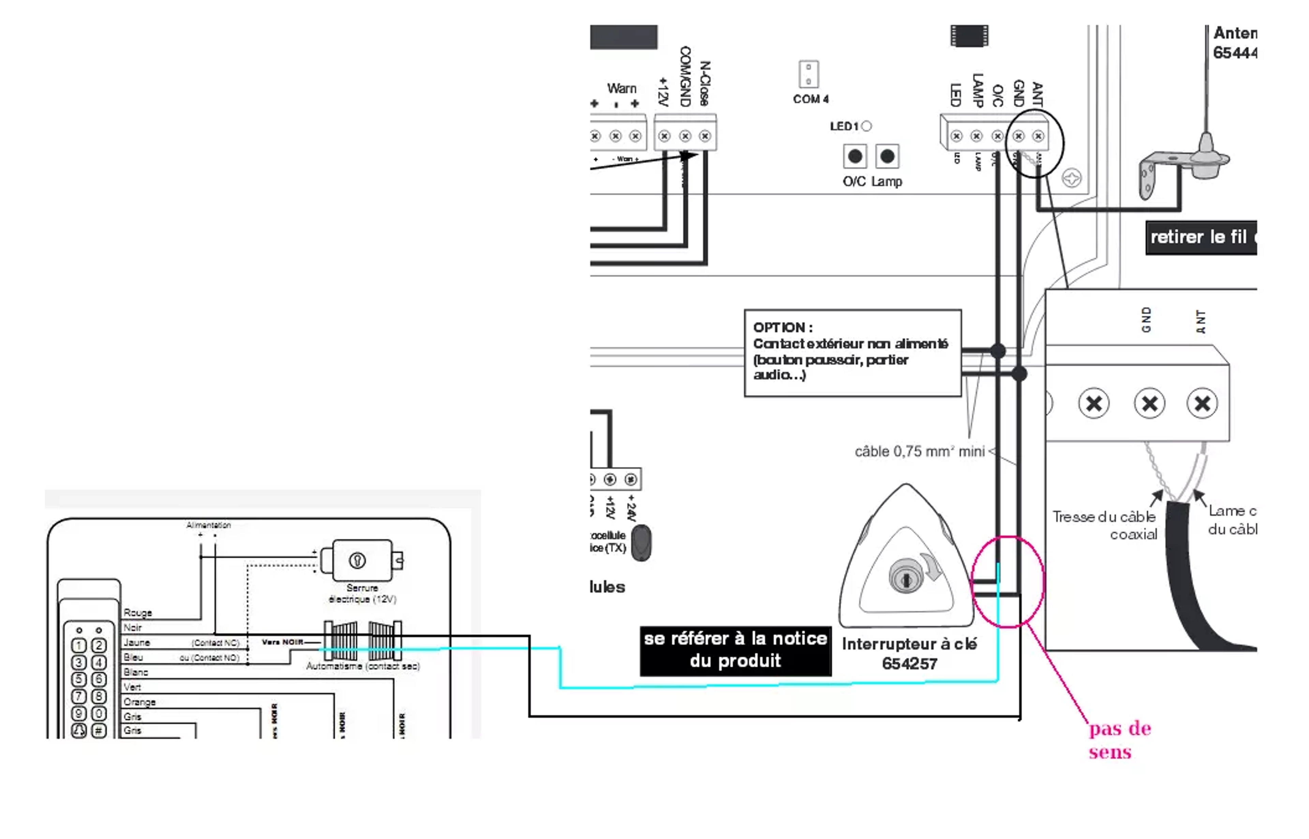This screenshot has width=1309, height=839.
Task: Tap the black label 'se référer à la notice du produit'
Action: pyautogui.click(x=735, y=650)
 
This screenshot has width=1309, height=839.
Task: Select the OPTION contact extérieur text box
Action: pyautogui.click(x=852, y=352)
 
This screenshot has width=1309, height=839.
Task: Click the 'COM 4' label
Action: pyautogui.click(x=810, y=99)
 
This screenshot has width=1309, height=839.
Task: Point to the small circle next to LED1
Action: pyautogui.click(x=867, y=126)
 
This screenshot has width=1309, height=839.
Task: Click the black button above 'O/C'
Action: pyautogui.click(x=855, y=157)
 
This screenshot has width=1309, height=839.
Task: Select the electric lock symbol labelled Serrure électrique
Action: pyautogui.click(x=362, y=560)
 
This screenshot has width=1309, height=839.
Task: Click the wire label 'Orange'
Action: pyautogui.click(x=139, y=702)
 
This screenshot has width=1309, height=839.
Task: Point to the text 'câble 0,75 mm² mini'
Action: pyautogui.click(x=919, y=451)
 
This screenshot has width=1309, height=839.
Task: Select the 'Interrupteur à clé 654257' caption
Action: pyautogui.click(x=909, y=653)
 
